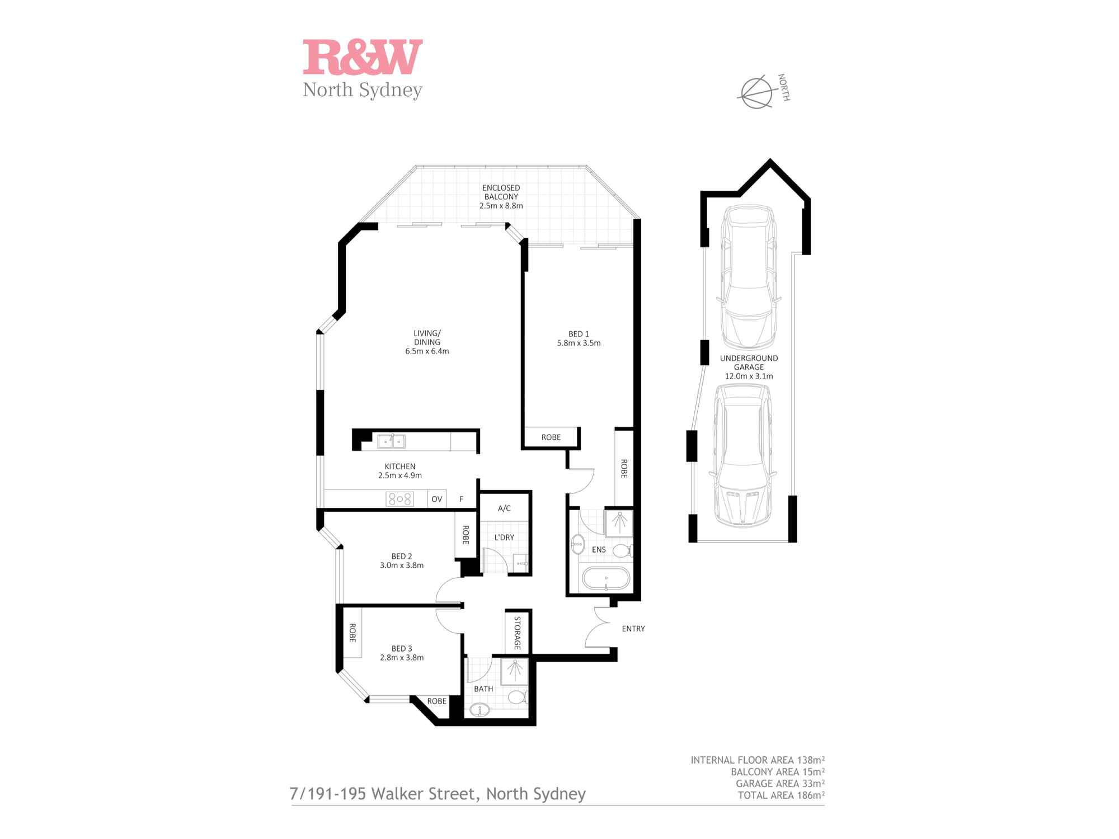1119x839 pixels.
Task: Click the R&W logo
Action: (x=363, y=56)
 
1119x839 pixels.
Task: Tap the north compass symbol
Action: (x=756, y=92)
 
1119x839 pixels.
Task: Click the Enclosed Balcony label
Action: (x=501, y=192)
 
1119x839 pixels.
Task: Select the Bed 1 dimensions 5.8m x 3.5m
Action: (x=579, y=343)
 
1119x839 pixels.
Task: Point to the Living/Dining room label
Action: (x=427, y=338)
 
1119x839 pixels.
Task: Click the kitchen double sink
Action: (x=391, y=442)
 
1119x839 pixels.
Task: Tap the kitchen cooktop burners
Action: (x=400, y=499)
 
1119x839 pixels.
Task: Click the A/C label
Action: (x=504, y=508)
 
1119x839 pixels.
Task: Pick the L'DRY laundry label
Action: (x=504, y=538)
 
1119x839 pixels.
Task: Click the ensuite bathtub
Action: (x=606, y=578)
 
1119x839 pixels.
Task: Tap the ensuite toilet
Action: (x=623, y=551)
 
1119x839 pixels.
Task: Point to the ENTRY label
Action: (x=633, y=629)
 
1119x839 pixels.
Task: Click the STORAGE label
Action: (x=517, y=633)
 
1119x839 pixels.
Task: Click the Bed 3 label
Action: (x=402, y=649)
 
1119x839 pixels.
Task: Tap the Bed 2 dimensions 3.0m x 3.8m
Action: (x=402, y=565)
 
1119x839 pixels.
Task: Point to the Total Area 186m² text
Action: (x=781, y=795)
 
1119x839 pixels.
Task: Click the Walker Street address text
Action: (x=438, y=794)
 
